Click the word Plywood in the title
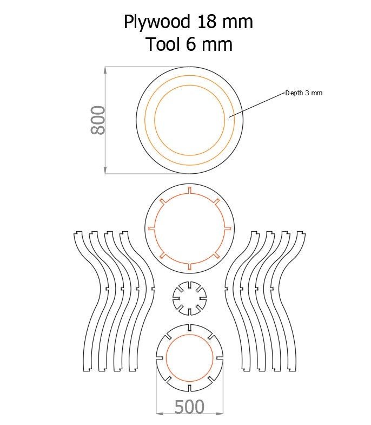157,23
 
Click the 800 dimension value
98,120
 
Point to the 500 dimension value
189,407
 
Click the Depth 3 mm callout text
303,93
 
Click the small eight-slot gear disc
189,298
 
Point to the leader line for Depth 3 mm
257,104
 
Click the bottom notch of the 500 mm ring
189,388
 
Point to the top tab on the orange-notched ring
189,190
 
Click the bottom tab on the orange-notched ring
189,266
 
